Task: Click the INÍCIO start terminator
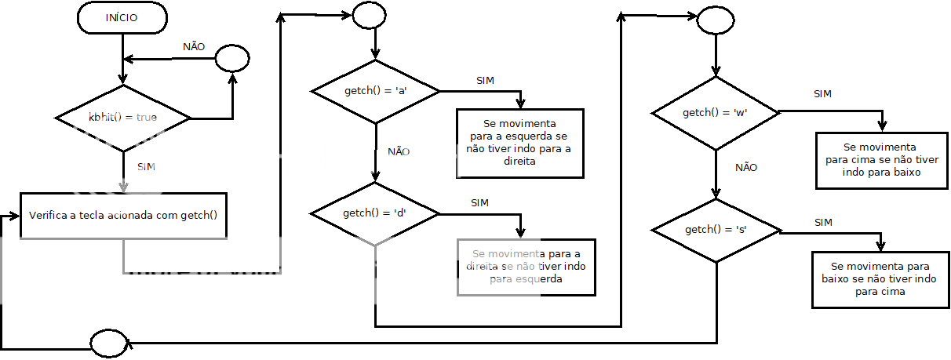click(x=122, y=18)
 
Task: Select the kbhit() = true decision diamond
click(x=123, y=118)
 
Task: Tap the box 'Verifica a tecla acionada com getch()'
click(x=123, y=214)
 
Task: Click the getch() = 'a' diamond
click(x=376, y=91)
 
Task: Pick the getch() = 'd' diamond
click(x=376, y=213)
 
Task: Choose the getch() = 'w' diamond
click(x=715, y=113)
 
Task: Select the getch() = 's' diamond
click(x=716, y=230)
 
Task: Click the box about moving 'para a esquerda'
click(x=519, y=143)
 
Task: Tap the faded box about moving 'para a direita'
click(x=526, y=267)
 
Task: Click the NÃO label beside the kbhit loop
click(x=194, y=46)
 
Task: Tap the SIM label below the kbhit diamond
click(x=147, y=167)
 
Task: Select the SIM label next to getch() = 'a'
click(x=486, y=81)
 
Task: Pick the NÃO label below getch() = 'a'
click(x=399, y=151)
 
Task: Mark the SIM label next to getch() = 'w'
click(x=822, y=94)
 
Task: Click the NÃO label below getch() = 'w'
click(x=746, y=167)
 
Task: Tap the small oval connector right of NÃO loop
click(x=232, y=57)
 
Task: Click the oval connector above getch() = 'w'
click(x=715, y=21)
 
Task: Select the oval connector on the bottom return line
click(x=108, y=343)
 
